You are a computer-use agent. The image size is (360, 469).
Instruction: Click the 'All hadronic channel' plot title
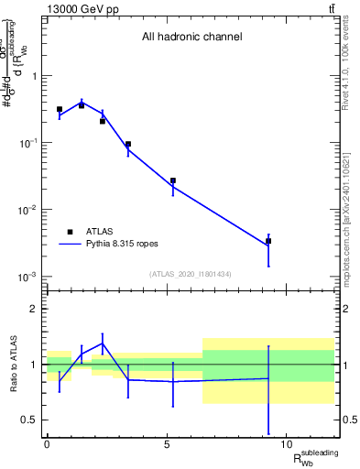coord(191,38)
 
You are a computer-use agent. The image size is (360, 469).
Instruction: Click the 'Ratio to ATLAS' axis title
coord(11,365)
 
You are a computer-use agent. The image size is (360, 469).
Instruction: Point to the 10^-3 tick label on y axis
coord(27,277)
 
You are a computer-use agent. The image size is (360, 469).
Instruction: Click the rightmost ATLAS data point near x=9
coord(268,241)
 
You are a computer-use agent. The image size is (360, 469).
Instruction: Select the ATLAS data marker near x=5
coord(172,180)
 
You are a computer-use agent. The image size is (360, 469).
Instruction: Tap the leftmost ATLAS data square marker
coord(60,109)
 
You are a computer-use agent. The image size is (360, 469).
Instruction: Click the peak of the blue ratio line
coord(103,344)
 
